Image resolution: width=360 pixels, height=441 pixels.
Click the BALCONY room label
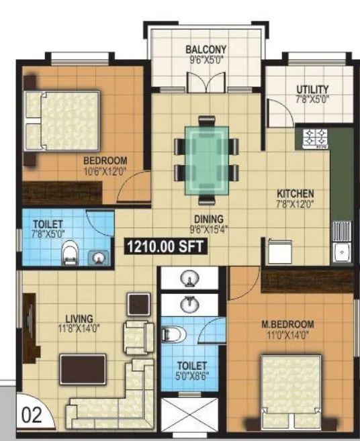point(206,49)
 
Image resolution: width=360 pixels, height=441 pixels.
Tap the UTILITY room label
point(312,89)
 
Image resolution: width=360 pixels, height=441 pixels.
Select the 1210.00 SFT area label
point(165,247)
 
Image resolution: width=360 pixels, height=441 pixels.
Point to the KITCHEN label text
point(296,195)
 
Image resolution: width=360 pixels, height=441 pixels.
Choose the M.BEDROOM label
point(287,325)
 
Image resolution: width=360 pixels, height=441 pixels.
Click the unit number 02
point(32,414)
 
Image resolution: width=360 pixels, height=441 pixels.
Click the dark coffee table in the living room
point(83,369)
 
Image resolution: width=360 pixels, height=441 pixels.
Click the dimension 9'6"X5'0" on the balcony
point(206,58)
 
